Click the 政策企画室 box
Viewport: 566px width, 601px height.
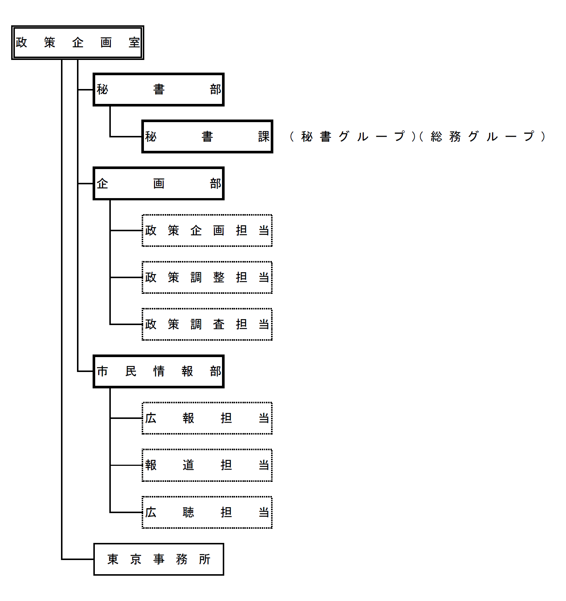tap(77, 42)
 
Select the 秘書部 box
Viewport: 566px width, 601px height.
tap(158, 89)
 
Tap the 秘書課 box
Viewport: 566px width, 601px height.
tap(207, 137)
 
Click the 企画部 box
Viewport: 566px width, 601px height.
tap(158, 184)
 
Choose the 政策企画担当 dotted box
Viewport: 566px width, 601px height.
tap(207, 230)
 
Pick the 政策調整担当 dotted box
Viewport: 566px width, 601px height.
tap(207, 277)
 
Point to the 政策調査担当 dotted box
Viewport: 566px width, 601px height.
tap(207, 324)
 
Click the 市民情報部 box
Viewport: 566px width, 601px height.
tap(158, 371)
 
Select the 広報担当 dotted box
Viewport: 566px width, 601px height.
tap(207, 418)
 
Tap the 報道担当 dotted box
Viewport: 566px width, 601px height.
tap(207, 465)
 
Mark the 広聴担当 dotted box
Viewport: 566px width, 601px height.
tap(207, 512)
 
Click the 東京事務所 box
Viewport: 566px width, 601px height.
tap(158, 559)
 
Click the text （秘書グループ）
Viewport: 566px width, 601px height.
tap(352, 137)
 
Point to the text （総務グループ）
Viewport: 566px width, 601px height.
tap(482, 137)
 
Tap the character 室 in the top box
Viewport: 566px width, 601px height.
tap(134, 42)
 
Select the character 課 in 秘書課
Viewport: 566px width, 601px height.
tap(264, 137)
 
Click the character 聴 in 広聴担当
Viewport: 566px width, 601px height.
tap(188, 512)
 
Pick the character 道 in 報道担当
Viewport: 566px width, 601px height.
tap(188, 465)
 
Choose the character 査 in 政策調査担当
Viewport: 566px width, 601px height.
tap(219, 324)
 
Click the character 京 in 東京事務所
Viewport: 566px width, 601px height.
tap(136, 559)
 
